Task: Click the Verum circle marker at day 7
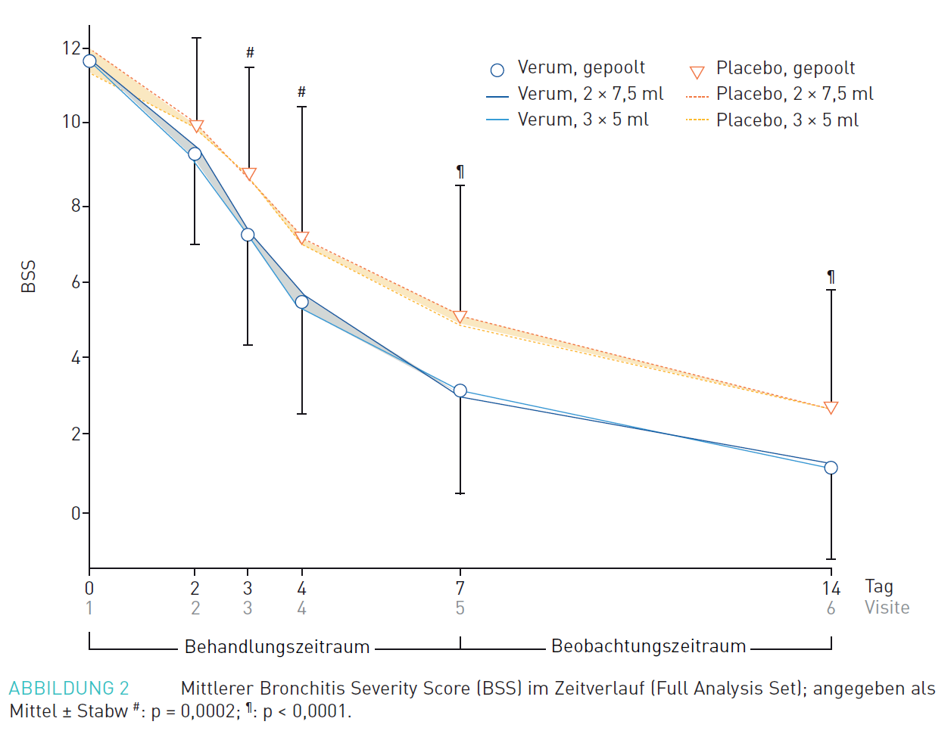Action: point(460,391)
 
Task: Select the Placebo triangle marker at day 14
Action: point(831,409)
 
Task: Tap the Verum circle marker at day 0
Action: point(89,61)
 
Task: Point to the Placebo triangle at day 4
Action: point(301,238)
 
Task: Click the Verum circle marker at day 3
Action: point(248,235)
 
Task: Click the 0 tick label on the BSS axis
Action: point(76,514)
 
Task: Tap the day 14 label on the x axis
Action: point(831,588)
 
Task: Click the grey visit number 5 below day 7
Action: point(460,608)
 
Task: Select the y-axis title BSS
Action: point(28,276)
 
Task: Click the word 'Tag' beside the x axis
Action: point(879,586)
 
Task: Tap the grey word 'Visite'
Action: point(887,608)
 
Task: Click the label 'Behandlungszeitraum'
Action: point(277,647)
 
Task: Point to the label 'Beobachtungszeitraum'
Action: point(648,646)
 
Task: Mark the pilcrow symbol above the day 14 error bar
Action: point(831,277)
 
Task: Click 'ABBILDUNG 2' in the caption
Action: point(69,689)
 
